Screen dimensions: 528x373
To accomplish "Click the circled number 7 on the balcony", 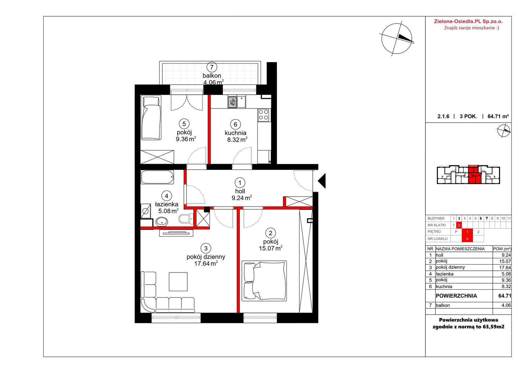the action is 212,67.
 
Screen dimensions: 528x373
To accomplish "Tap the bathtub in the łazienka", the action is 157,177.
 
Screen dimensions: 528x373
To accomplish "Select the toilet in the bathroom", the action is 186,219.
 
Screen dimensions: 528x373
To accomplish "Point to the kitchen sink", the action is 242,102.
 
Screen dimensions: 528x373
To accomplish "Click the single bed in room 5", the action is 151,117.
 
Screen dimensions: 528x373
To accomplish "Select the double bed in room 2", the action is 264,281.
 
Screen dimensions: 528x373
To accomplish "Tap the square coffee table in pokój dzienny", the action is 178,281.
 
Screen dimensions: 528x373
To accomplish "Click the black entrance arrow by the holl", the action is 322,181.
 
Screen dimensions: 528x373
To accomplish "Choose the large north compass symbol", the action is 397,39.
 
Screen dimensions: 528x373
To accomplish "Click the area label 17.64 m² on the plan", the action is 206,264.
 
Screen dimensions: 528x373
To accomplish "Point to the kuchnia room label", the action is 235,133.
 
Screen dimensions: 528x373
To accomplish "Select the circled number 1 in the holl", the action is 240,183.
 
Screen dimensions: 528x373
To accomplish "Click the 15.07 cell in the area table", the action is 505,261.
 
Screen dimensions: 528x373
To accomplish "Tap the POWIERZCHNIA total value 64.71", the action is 505,296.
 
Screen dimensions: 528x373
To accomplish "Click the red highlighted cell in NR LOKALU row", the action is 467,239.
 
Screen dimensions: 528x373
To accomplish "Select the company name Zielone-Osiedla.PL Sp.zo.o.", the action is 468,21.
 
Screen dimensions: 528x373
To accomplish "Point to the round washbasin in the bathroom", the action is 162,222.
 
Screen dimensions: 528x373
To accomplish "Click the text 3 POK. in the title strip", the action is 468,116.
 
